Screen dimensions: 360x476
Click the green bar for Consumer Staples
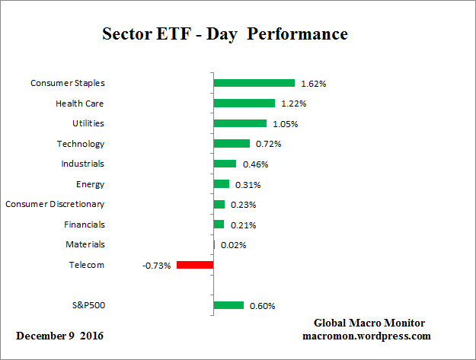click(x=254, y=83)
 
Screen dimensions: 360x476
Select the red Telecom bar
click(x=195, y=265)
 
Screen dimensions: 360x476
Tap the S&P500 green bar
click(x=228, y=305)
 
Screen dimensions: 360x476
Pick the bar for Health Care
click(x=244, y=104)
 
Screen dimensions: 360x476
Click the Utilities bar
click(x=240, y=123)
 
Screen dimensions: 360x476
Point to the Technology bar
click(x=232, y=144)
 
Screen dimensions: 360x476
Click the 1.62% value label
click(x=314, y=84)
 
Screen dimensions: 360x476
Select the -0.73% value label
click(x=156, y=266)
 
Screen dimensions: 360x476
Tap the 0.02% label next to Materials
click(x=233, y=245)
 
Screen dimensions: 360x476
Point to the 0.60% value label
click(x=262, y=306)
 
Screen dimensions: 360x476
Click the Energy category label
click(x=90, y=184)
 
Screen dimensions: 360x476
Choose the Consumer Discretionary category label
click(x=55, y=204)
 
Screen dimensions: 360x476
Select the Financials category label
click(x=85, y=225)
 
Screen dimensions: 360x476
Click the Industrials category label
click(x=82, y=164)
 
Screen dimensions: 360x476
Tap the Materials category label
click(x=85, y=244)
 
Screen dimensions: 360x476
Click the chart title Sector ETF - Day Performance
click(x=225, y=34)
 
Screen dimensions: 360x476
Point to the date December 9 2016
click(x=60, y=336)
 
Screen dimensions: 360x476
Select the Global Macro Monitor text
click(x=369, y=323)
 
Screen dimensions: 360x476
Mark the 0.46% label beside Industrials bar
click(x=255, y=164)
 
